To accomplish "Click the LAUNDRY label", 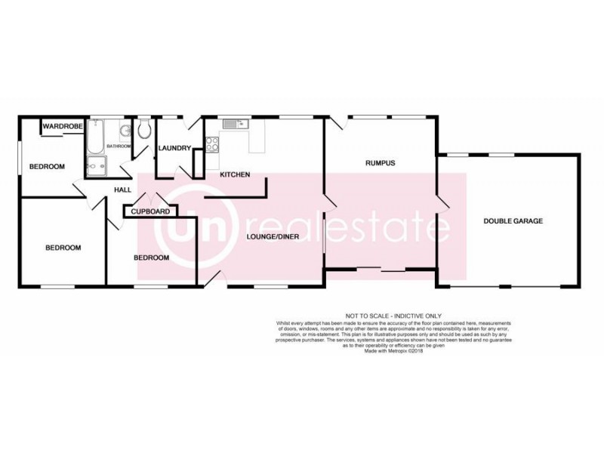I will (x=174, y=148).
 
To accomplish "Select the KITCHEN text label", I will (x=235, y=174).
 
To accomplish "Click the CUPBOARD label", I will (x=150, y=211).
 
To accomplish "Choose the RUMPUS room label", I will (x=381, y=162).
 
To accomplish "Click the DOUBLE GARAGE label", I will (x=513, y=220).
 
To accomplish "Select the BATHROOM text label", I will (x=119, y=146).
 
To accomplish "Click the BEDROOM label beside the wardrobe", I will (x=47, y=166).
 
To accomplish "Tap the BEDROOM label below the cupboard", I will (x=151, y=257).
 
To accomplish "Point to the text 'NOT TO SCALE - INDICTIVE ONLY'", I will (x=393, y=316).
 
